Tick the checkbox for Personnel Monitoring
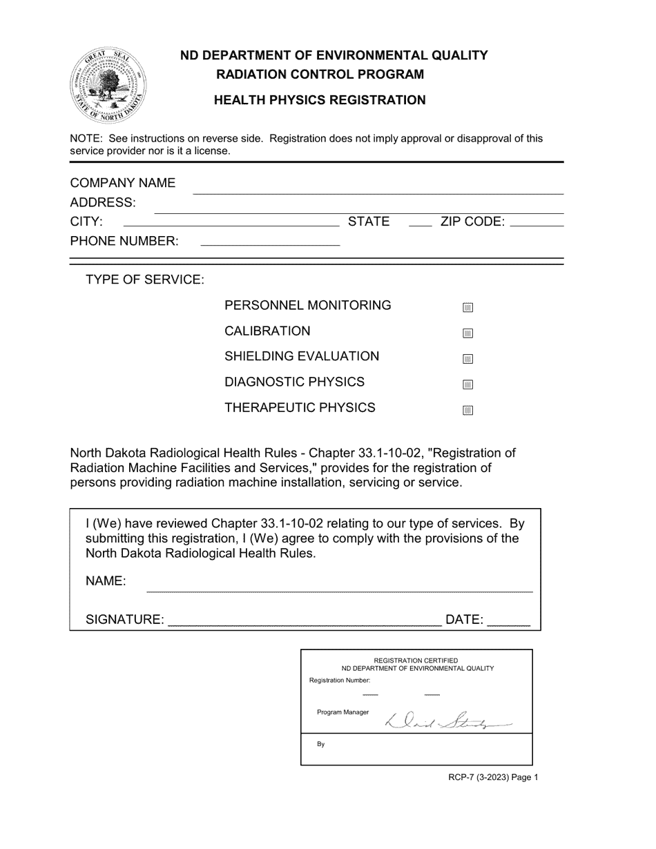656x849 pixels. pyautogui.click(x=467, y=308)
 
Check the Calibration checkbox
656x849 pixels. pyautogui.click(x=467, y=333)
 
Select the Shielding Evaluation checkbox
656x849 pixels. pyautogui.click(x=467, y=359)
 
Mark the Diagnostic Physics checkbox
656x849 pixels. pyautogui.click(x=467, y=384)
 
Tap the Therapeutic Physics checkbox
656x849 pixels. pyautogui.click(x=467, y=410)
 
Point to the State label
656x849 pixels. pyautogui.click(x=369, y=222)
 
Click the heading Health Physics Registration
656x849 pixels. pyautogui.click(x=320, y=100)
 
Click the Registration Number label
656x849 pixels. pyautogui.click(x=340, y=681)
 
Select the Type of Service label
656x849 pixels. pyautogui.click(x=145, y=280)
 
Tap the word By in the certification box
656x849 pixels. pyautogui.click(x=321, y=745)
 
